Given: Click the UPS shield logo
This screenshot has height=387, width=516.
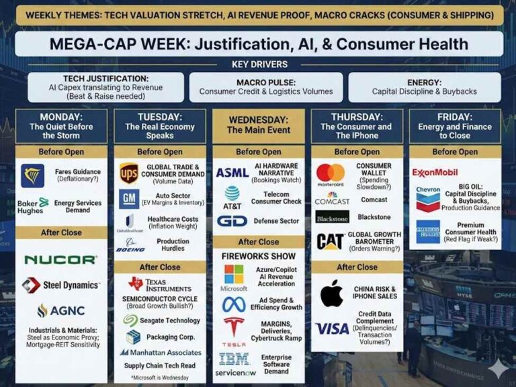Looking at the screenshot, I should click(x=129, y=173).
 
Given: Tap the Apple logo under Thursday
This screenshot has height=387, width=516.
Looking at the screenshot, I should click(x=331, y=293).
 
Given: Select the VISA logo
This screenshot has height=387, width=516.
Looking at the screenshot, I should click(x=333, y=329).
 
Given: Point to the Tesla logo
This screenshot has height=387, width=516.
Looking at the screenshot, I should click(x=234, y=330).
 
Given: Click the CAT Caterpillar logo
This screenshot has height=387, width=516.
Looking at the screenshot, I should click(x=331, y=241).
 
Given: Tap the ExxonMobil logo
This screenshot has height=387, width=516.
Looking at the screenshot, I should click(x=435, y=172).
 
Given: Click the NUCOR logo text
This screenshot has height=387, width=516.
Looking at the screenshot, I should click(x=60, y=259).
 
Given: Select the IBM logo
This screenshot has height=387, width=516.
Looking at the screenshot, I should click(x=234, y=358).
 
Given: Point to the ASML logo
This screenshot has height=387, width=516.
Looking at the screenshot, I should click(x=232, y=173).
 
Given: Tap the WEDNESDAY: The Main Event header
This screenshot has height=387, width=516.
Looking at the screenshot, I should click(x=258, y=125).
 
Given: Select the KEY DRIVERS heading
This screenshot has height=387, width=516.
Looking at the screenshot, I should click(x=258, y=64).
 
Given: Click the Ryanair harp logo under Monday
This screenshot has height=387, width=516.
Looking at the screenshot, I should click(x=32, y=175).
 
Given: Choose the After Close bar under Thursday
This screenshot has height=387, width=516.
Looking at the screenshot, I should click(x=356, y=267).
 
